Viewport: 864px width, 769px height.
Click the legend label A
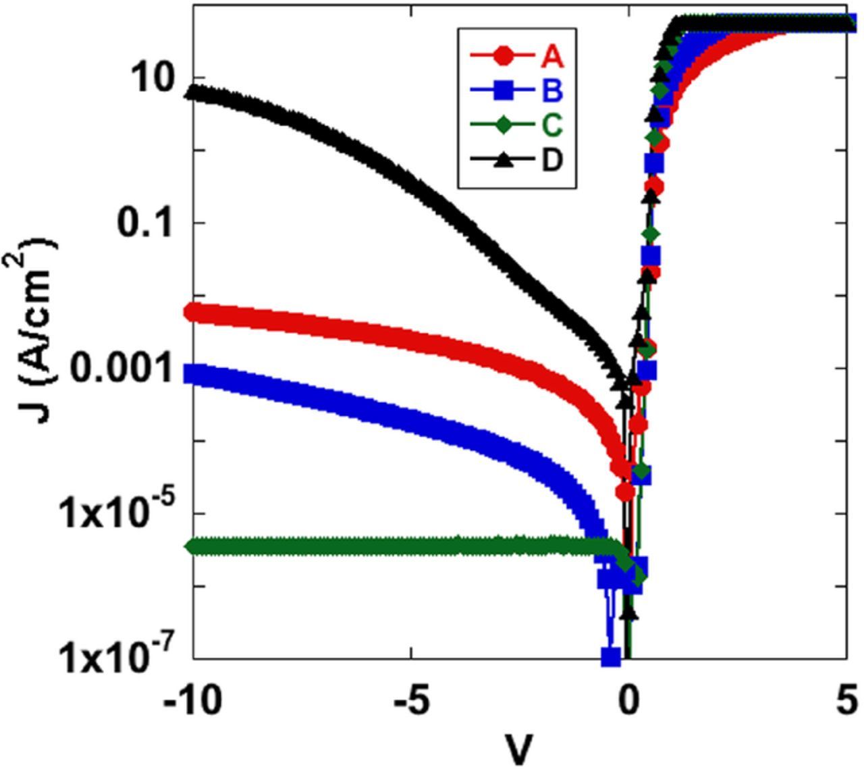pyautogui.click(x=551, y=57)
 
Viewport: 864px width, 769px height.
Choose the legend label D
pyautogui.click(x=551, y=160)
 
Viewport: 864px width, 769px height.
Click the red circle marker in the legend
pyautogui.click(x=504, y=57)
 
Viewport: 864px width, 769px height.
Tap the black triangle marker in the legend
pyautogui.click(x=504, y=160)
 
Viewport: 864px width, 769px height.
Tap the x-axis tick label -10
pyautogui.click(x=192, y=701)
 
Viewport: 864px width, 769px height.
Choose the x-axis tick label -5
pyautogui.click(x=410, y=701)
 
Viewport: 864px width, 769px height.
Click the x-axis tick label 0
pyautogui.click(x=628, y=701)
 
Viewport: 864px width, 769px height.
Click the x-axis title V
pyautogui.click(x=518, y=748)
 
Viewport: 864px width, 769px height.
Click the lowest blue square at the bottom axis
pyautogui.click(x=611, y=656)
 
